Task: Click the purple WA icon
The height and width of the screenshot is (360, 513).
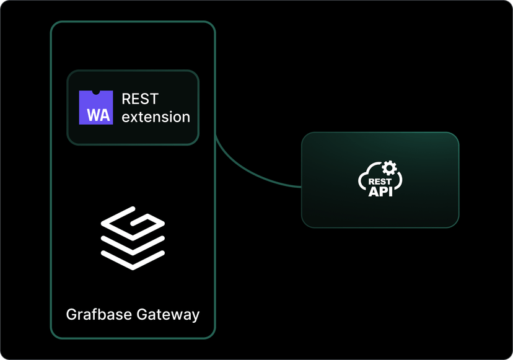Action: tap(96, 107)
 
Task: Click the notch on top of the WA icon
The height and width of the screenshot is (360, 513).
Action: tap(96, 92)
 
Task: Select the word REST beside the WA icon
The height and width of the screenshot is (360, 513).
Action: tap(140, 99)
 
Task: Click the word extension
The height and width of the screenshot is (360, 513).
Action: tap(156, 116)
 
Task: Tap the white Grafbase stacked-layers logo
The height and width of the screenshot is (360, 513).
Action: tap(133, 238)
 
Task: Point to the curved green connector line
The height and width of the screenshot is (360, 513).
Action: tap(248, 173)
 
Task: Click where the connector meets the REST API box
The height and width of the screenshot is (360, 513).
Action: tap(301, 187)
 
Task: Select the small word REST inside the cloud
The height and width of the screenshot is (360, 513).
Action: tap(380, 182)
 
